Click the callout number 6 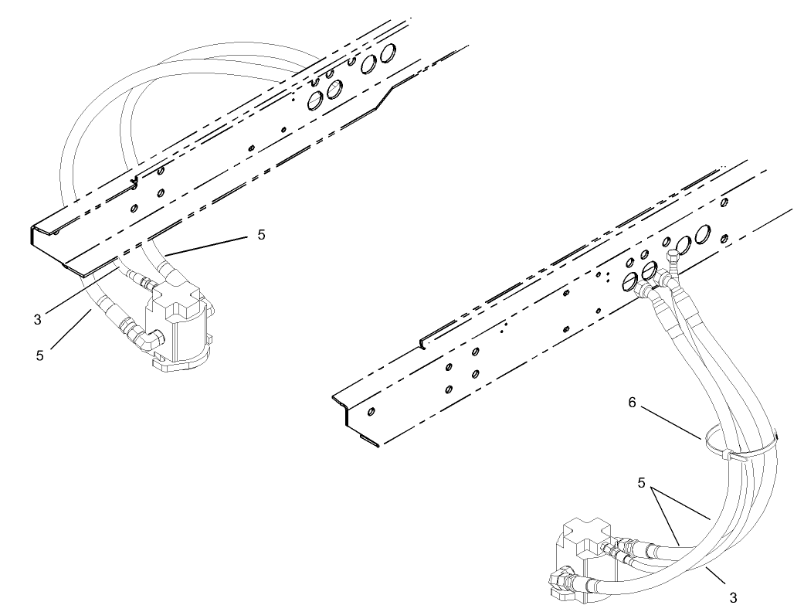coord(633,403)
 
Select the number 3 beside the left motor coord(38,317)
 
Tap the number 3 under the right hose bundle coord(732,597)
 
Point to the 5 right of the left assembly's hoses coord(261,235)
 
